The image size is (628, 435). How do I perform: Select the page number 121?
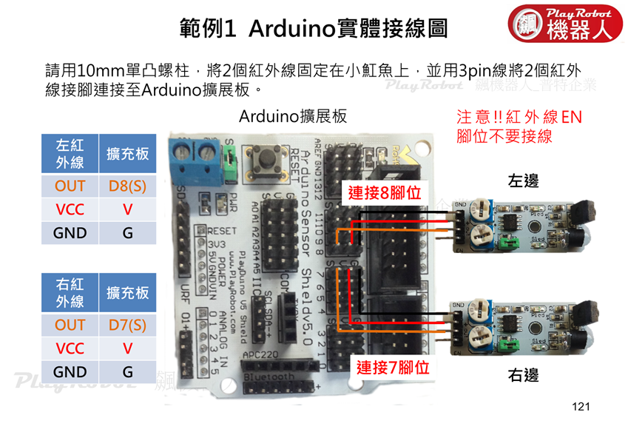581,406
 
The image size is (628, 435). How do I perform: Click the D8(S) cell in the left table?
127,186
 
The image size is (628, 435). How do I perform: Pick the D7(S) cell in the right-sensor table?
127,325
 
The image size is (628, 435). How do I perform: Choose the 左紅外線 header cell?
70,153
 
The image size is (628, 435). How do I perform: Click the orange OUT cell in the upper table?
70,186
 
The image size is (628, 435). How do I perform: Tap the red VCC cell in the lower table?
70,348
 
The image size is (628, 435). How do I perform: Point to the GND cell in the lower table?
70,372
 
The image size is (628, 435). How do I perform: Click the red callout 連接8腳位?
385,193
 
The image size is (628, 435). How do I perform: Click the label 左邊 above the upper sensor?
523,181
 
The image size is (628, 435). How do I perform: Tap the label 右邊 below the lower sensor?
523,376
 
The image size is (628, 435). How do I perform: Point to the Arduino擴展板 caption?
293,117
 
